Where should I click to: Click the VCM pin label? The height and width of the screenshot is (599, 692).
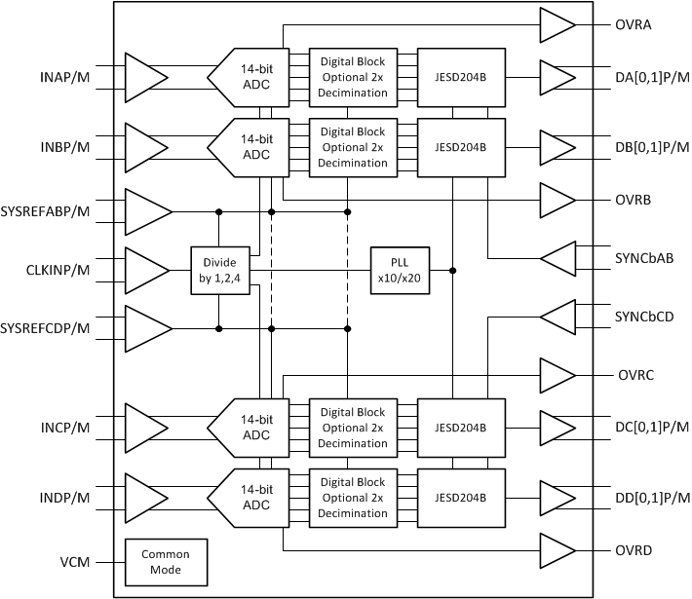pos(74,561)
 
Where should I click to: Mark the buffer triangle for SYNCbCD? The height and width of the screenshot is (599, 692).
pos(559,318)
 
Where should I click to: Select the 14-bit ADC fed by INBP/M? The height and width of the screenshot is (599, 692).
pos(252,147)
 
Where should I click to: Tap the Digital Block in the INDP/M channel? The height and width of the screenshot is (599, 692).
pos(353,498)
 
